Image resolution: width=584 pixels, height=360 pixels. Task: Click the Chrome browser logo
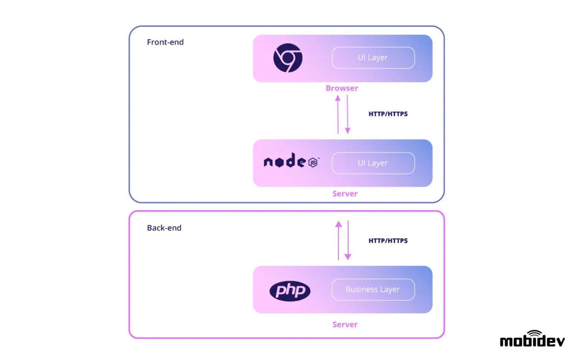click(288, 58)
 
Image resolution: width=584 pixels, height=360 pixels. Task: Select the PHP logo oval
click(290, 291)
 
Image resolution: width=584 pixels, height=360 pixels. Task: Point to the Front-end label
click(165, 42)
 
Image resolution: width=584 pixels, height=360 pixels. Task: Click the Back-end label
click(164, 228)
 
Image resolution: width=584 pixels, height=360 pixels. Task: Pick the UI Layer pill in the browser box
click(373, 57)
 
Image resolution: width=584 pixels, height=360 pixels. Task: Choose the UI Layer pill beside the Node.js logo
click(373, 163)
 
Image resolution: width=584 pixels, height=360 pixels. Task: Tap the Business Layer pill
click(373, 289)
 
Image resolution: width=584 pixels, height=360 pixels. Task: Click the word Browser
click(342, 88)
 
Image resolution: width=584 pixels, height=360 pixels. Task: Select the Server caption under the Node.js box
click(345, 194)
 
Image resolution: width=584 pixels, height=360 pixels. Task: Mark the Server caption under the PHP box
click(345, 324)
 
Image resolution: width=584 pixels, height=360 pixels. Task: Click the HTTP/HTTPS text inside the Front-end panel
click(388, 114)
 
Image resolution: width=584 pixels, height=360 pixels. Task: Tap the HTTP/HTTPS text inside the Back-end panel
click(388, 240)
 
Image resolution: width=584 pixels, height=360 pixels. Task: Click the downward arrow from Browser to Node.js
click(348, 114)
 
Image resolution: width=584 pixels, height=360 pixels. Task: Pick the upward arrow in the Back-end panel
click(338, 240)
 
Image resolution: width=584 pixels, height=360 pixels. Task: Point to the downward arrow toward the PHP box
click(348, 240)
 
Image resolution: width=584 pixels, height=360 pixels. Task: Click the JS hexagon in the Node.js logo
click(313, 163)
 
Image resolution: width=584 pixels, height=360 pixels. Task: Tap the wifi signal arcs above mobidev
click(533, 332)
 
